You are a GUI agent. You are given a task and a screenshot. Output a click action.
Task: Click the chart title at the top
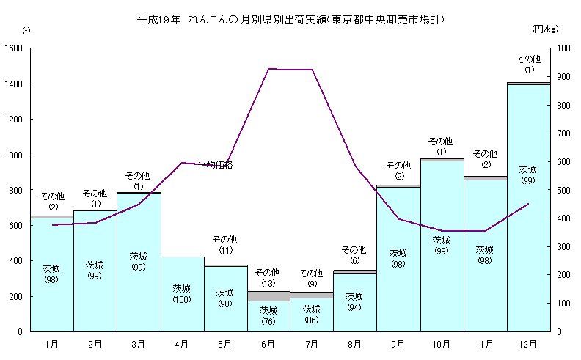[291, 18]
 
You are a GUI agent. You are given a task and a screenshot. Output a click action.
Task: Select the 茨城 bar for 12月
[528, 220]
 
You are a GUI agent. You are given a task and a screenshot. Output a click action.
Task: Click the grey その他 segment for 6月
[268, 295]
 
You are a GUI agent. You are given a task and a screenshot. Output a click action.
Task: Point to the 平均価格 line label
[216, 165]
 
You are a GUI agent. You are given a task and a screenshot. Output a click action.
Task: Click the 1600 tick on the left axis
[14, 48]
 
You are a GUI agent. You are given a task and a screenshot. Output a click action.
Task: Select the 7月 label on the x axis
[312, 342]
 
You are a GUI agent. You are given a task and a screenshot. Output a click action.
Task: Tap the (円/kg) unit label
[545, 29]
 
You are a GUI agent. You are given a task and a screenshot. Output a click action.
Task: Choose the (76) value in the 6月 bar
[268, 320]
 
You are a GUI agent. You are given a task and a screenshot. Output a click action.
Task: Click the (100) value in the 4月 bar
[182, 299]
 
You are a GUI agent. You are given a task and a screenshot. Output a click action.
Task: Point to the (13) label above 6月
[268, 283]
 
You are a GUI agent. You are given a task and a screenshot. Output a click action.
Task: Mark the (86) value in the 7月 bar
[312, 320]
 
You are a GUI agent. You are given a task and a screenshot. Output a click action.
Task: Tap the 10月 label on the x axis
[442, 342]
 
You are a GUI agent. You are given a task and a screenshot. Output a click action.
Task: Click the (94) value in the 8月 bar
[355, 307]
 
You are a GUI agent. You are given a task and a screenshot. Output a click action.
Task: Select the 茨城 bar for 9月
[398, 279]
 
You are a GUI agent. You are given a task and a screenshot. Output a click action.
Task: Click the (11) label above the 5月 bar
[225, 250]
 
